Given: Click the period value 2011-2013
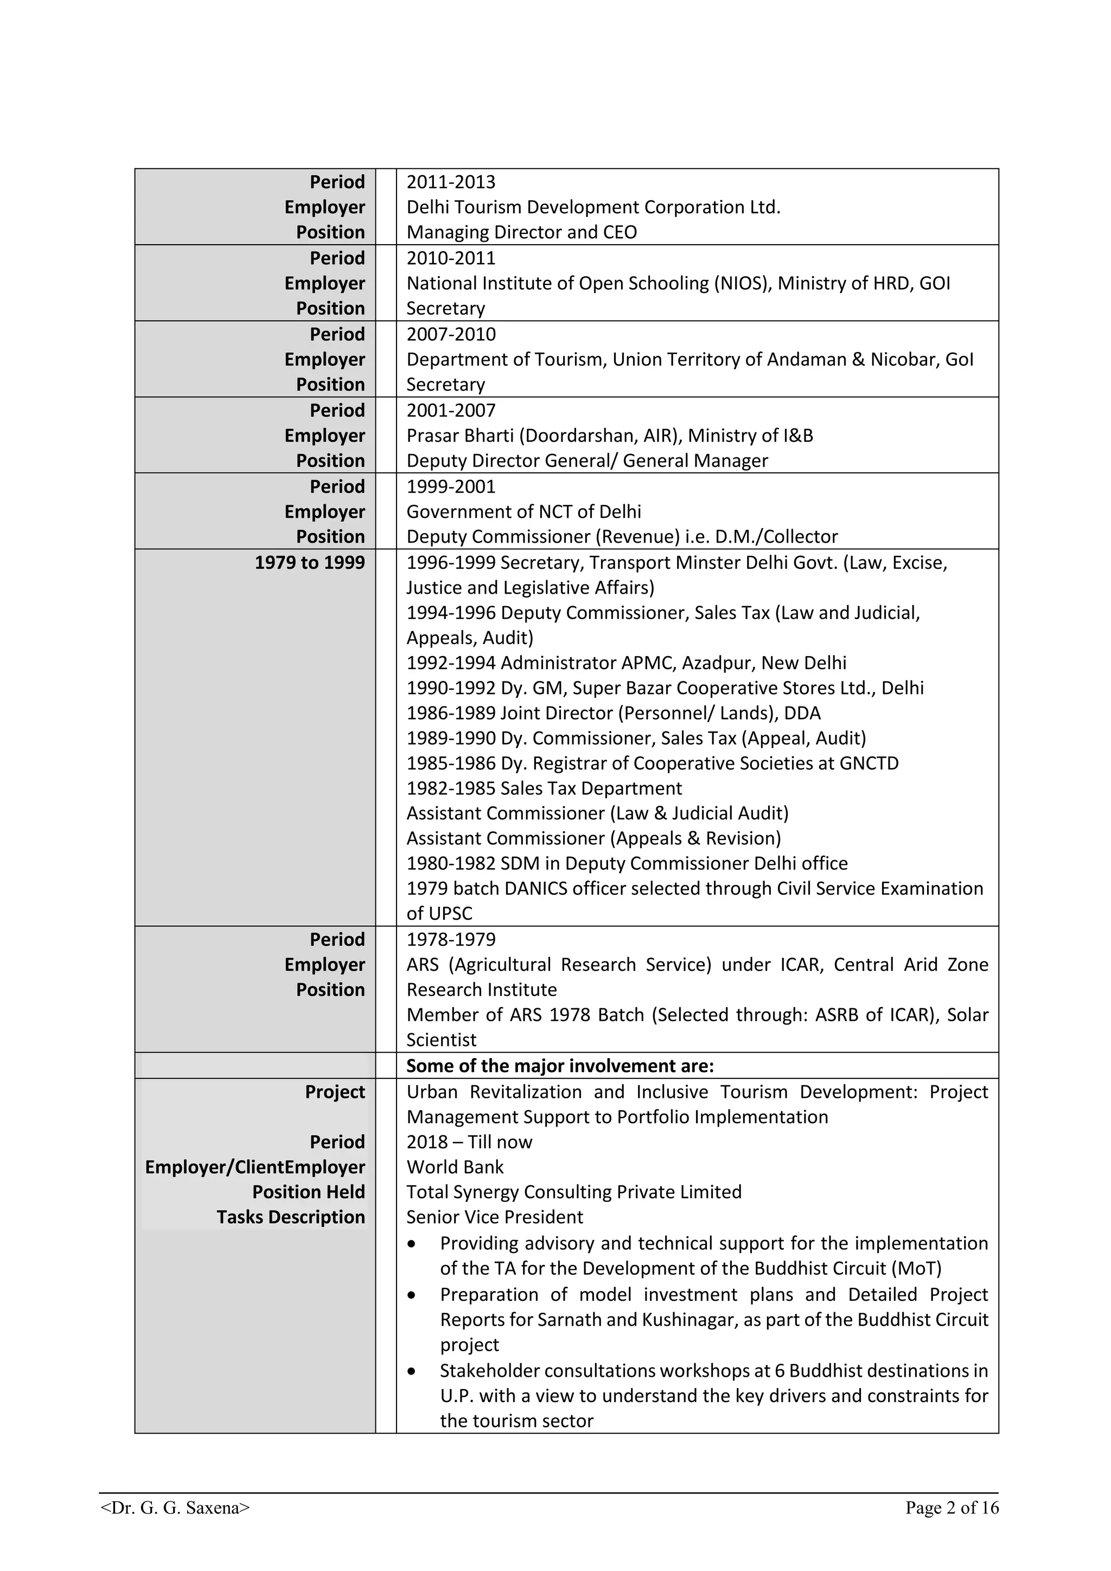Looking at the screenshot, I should (450, 182).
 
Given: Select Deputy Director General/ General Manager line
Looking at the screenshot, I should (587, 461).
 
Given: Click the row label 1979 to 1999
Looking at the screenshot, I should (309, 562).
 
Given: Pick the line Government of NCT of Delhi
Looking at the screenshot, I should (523, 512).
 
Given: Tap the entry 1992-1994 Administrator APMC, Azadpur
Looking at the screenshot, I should (626, 663).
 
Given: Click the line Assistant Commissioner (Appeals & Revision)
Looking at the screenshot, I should (593, 838).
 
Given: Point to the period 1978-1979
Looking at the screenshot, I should (450, 939).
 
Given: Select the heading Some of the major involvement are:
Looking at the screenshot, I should (560, 1066).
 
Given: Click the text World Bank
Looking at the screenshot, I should (454, 1167).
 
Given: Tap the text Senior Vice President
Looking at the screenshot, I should (494, 1217).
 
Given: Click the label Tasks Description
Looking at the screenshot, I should (291, 1217).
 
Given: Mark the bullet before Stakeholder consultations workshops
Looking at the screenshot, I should (411, 1371).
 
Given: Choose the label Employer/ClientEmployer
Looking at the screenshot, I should (254, 1167).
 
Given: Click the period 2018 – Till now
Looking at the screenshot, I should (469, 1142).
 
